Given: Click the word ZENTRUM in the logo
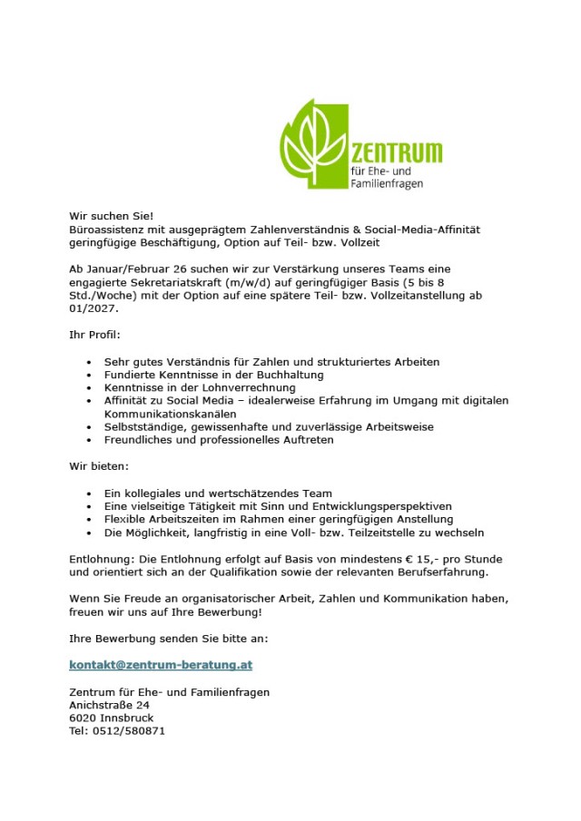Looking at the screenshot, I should click(x=396, y=151).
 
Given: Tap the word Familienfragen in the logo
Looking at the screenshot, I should click(x=387, y=183).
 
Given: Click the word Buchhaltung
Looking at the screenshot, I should click(x=286, y=375).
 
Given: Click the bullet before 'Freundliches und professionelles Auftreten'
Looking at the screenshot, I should click(x=89, y=440).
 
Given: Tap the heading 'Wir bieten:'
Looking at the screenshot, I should click(x=99, y=466).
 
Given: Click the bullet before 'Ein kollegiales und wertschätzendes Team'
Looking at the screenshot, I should click(x=89, y=494).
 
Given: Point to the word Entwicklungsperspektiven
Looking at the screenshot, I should click(x=376, y=506).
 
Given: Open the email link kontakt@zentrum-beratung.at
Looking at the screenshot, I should click(x=161, y=665).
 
